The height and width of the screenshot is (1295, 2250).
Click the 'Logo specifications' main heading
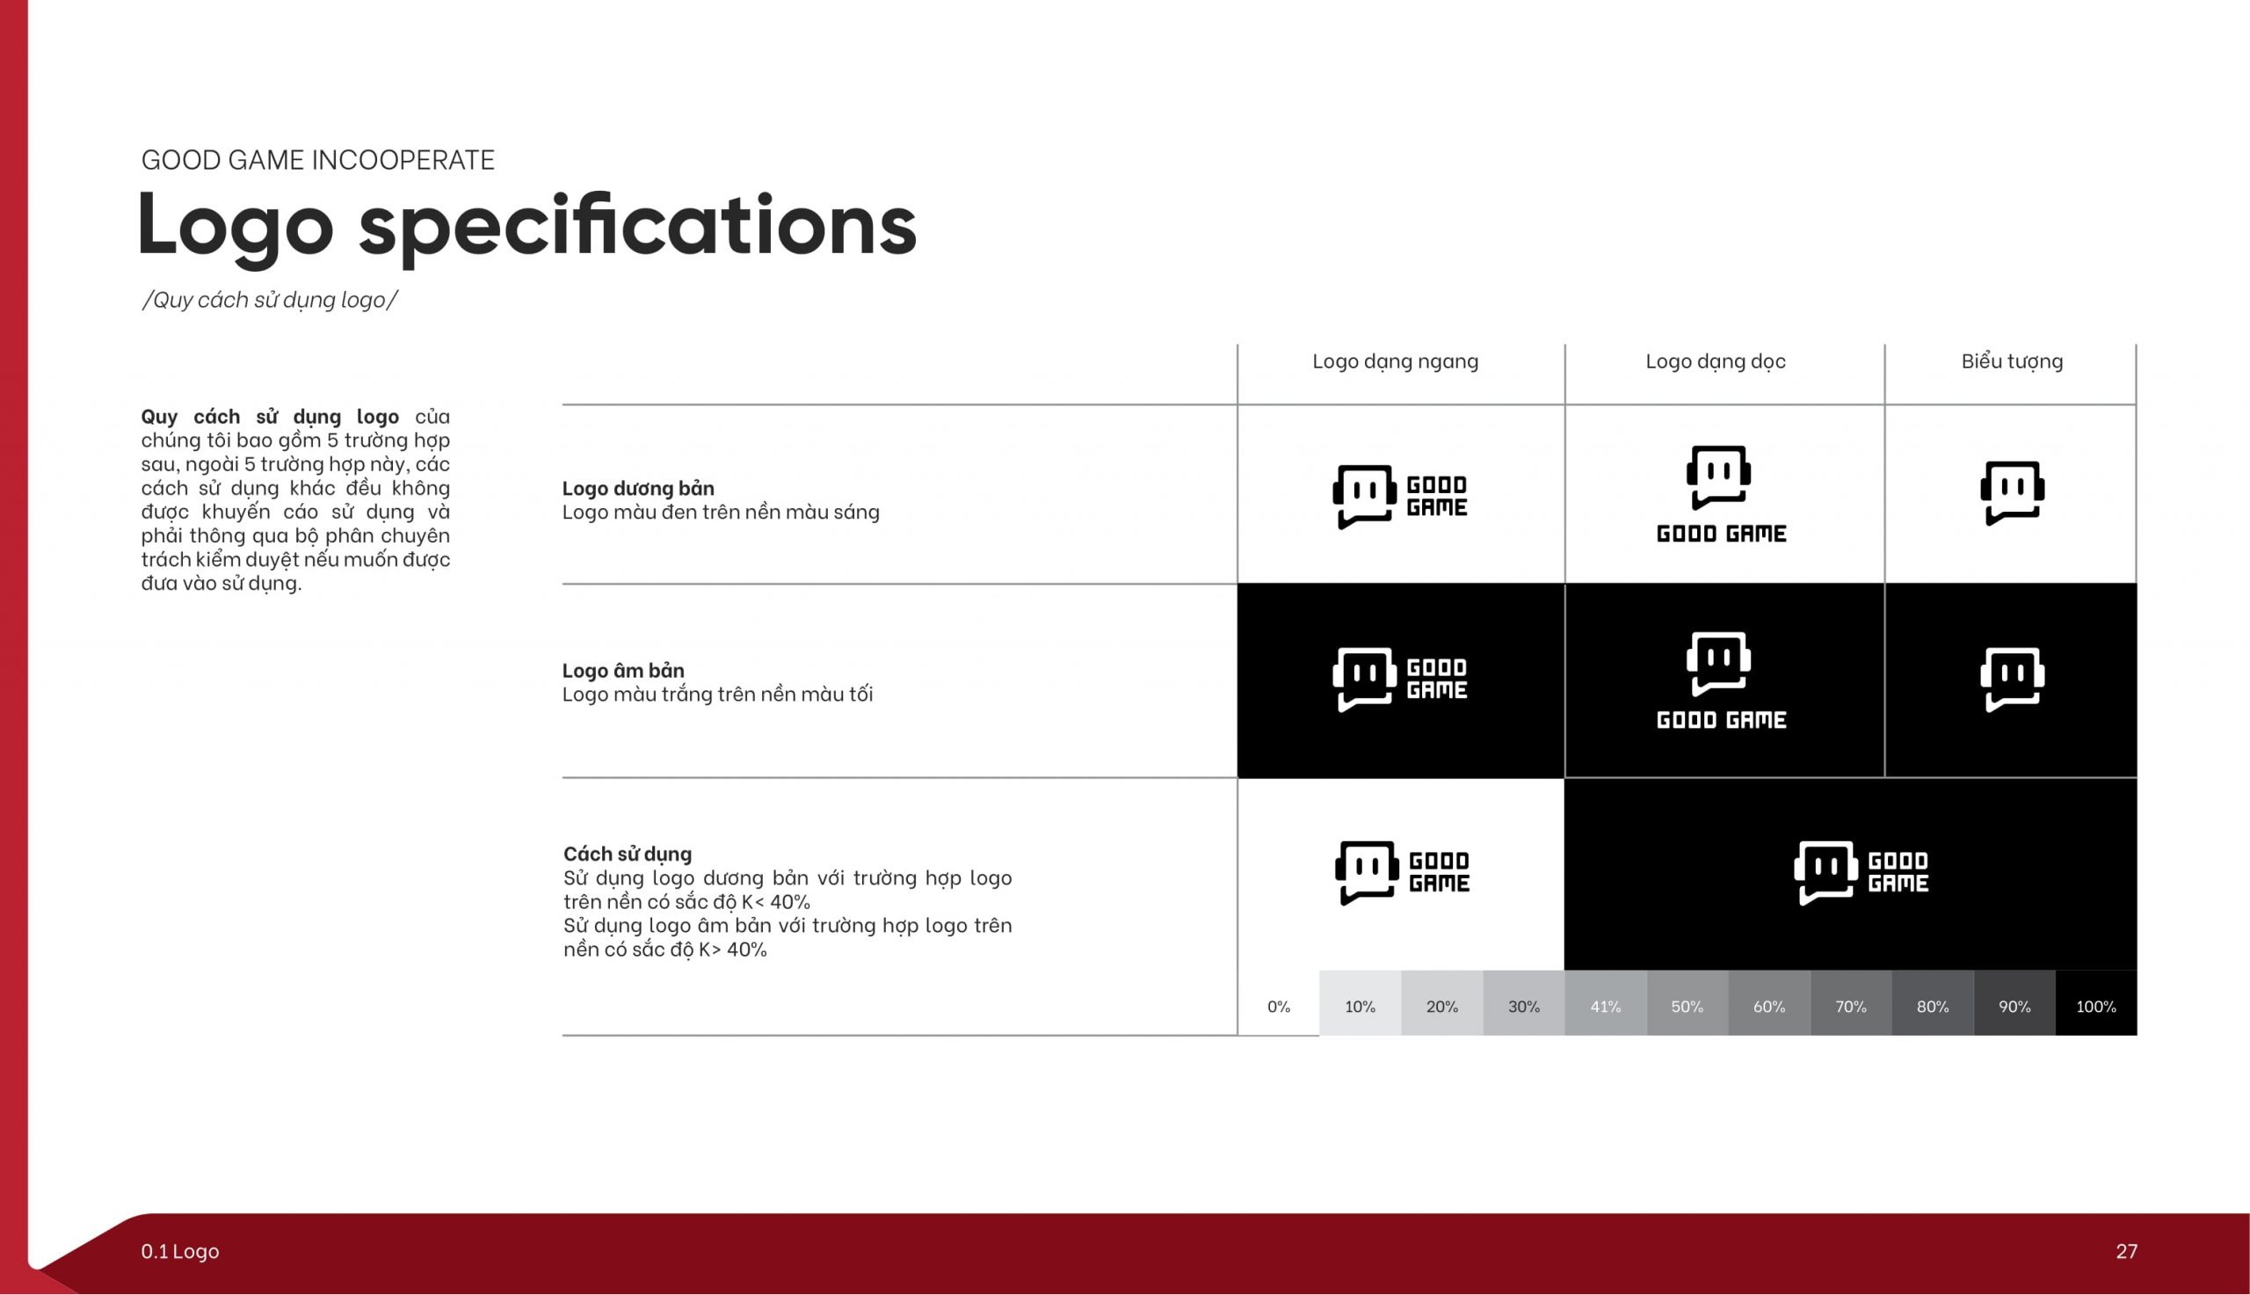[526, 226]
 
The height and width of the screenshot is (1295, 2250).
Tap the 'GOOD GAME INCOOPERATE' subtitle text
[317, 160]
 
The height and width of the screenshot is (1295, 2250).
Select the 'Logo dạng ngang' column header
[1395, 362]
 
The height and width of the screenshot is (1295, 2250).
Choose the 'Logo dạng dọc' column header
[1715, 362]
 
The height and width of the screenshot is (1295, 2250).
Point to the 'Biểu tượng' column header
[2012, 362]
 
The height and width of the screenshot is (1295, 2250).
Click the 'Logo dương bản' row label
[638, 488]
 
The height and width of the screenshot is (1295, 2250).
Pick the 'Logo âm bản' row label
[623, 670]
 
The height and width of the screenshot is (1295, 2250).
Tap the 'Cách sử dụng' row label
[628, 854]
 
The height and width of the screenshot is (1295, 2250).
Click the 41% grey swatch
[1606, 1003]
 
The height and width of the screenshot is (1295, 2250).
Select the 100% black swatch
[2096, 1003]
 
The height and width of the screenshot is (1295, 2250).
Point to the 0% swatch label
[1278, 1007]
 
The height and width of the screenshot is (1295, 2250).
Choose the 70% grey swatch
[1851, 1003]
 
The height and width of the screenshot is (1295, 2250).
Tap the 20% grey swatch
[1442, 1003]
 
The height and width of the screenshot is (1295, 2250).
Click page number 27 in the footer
[2126, 1251]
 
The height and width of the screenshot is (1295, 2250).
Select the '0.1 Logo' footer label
[179, 1251]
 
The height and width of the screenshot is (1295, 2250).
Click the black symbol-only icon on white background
[2012, 492]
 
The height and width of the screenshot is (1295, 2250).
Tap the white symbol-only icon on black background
[2012, 680]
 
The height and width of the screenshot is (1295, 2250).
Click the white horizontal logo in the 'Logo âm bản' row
[1400, 680]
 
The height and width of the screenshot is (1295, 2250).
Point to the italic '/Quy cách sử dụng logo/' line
[269, 300]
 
